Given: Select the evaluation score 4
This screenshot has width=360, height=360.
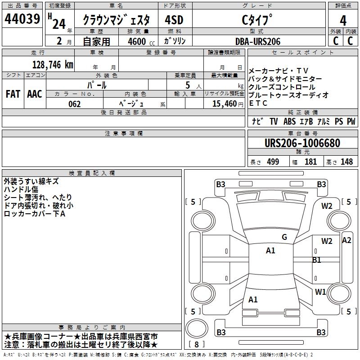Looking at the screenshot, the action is pos(343,20).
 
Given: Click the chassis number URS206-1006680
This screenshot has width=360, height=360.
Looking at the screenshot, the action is pos(302,143).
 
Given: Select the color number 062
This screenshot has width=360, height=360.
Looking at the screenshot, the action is pos(75,104).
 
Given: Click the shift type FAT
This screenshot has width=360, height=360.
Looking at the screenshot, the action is pos(13,94).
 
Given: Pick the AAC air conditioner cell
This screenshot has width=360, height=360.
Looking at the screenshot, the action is pos(35,94).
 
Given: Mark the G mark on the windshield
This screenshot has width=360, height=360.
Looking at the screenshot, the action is pos(284,237).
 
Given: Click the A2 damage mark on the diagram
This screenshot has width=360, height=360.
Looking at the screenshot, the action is pos(346,240).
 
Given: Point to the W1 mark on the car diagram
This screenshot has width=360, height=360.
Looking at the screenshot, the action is pos(320,292).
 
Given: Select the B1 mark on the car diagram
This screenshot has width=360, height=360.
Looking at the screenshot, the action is pos(317,260).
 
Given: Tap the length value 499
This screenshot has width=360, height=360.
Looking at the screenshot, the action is pos(271,162).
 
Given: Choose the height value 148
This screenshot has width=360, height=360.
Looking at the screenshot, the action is pos(346,162).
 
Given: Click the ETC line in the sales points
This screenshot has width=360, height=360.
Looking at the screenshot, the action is pos(258,103).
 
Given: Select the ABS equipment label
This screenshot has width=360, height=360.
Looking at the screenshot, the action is pos(289,121).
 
